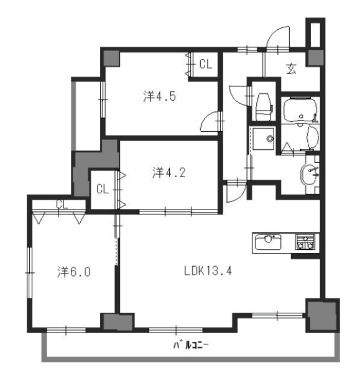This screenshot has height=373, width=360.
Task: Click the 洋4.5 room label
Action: [x=159, y=96]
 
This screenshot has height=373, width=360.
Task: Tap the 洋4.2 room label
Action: [x=169, y=172]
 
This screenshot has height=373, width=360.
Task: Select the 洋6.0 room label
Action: [x=74, y=272]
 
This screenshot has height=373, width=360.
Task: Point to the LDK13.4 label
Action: [x=208, y=271]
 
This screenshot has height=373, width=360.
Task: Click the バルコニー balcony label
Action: [x=191, y=344]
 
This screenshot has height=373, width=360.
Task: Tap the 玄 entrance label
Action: [x=291, y=69]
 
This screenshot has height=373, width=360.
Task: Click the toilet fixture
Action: [x=263, y=106]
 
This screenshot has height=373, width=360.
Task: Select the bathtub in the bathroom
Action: [x=301, y=109]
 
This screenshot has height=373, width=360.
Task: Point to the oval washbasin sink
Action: [x=308, y=175]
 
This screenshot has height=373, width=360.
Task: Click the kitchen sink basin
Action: [x=268, y=242]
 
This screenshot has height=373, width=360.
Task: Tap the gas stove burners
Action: [x=305, y=242]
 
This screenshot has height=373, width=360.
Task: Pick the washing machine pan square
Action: [x=264, y=139]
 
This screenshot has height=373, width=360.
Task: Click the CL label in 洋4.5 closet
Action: [x=206, y=64]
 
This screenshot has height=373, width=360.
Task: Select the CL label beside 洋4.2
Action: [x=103, y=190]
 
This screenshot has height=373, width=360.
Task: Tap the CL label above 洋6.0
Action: [x=62, y=205]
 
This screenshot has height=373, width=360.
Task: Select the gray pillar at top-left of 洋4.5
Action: [x=111, y=58]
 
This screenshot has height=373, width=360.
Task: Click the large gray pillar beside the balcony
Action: [x=322, y=315]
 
